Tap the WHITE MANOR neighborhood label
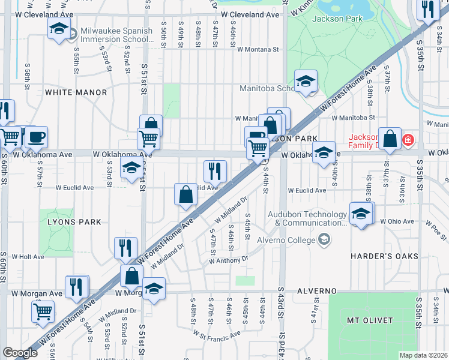click(76, 92)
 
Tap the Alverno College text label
click(286, 241)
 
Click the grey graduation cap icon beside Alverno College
click(324, 241)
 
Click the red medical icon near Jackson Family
click(409, 140)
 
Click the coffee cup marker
click(36, 137)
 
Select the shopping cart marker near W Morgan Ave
click(43, 311)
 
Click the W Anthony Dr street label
click(228, 260)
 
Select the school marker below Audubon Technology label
click(361, 214)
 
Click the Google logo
click(20, 353)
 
